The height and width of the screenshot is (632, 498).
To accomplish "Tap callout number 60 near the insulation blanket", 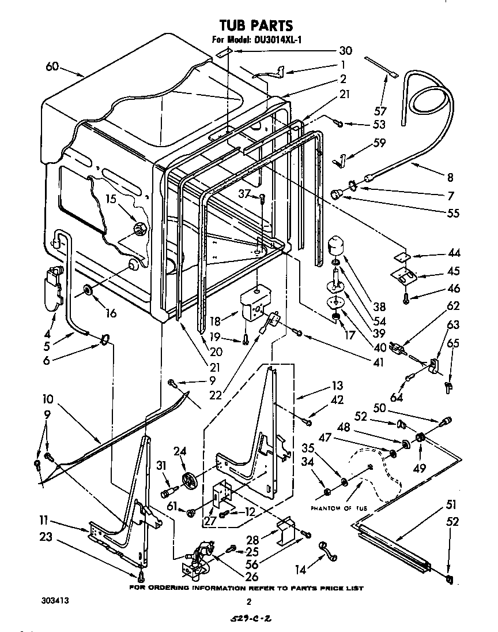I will click(x=52, y=67).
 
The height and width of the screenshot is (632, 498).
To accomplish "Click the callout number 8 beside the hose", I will click(x=450, y=178).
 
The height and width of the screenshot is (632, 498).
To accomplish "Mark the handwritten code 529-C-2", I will click(x=249, y=619).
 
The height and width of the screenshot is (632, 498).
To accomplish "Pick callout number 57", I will click(x=380, y=110).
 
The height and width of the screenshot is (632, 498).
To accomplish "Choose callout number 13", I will click(x=337, y=386).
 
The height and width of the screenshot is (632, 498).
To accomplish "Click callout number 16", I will click(x=110, y=313).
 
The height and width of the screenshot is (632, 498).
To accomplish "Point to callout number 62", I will click(x=453, y=306).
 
